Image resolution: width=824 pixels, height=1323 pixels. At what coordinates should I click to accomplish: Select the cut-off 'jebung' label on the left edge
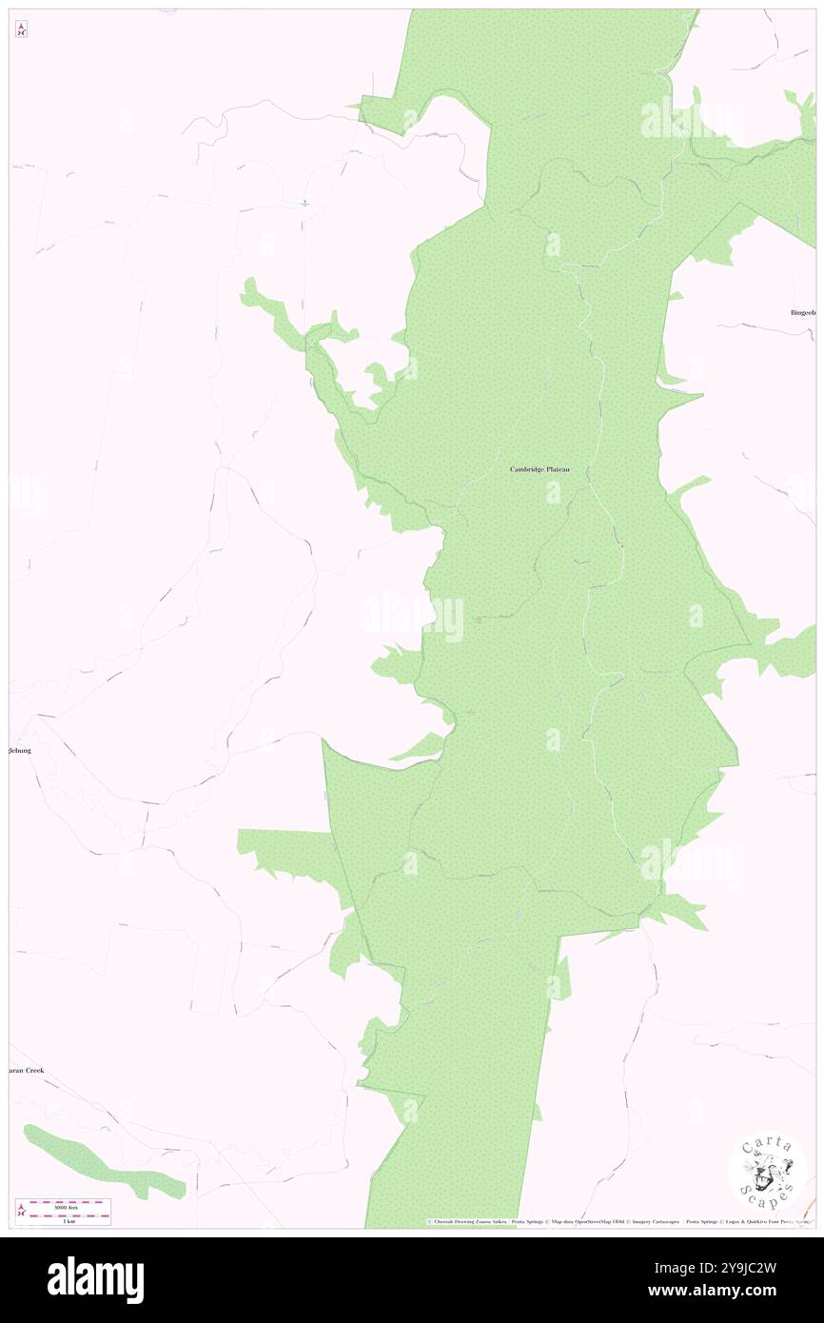(x=21, y=750)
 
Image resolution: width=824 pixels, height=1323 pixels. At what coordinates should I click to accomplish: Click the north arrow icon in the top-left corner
(x=21, y=30)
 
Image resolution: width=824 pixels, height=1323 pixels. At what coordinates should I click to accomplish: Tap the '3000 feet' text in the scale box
(x=69, y=1206)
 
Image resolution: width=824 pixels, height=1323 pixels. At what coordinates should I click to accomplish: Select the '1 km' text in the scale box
(x=69, y=1220)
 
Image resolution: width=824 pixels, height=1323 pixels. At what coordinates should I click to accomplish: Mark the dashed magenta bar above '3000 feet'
(x=69, y=1200)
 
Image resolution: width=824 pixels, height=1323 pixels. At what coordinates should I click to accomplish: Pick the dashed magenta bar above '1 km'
(x=69, y=1214)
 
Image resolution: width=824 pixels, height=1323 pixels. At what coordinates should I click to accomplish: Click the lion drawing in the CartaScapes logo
(x=767, y=1177)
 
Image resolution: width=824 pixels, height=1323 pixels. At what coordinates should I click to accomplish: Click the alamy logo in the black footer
(x=95, y=1278)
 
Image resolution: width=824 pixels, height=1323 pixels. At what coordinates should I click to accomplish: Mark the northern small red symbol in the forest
(x=479, y=620)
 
